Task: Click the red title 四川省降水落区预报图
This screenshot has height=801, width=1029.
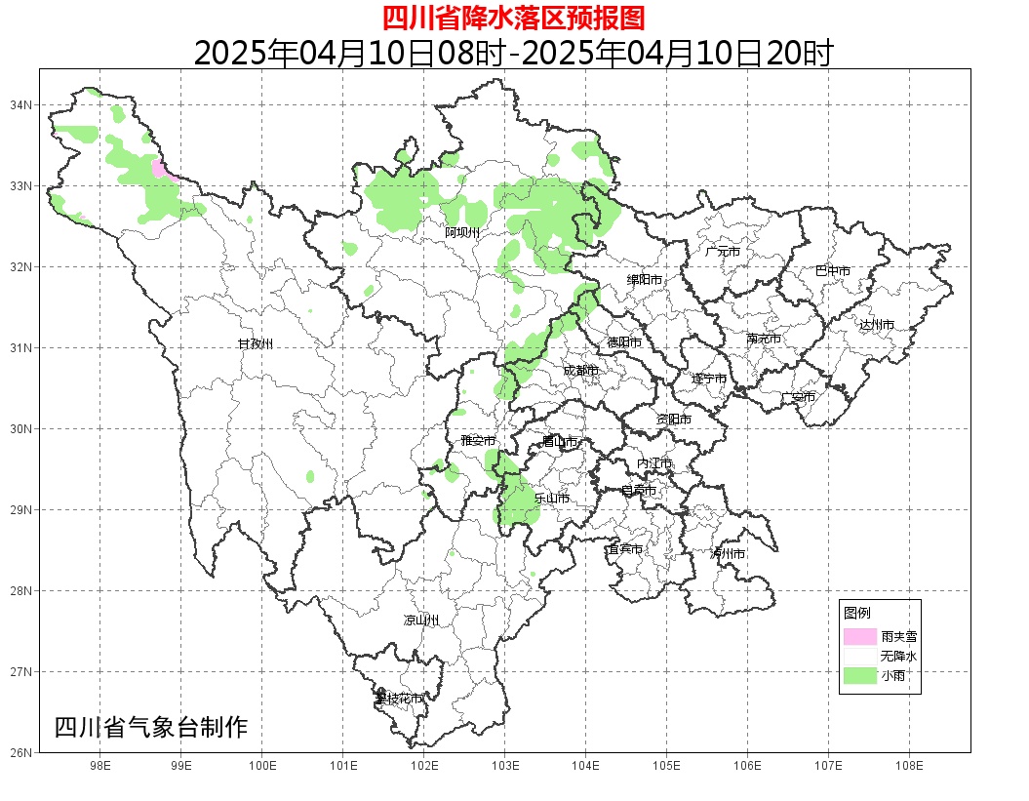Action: tap(513, 19)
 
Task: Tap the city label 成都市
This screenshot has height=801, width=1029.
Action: tap(580, 371)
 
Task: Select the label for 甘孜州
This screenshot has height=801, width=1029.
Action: tap(256, 344)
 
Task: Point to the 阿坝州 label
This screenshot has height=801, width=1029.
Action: tap(462, 232)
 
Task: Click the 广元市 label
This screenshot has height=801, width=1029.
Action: tap(723, 252)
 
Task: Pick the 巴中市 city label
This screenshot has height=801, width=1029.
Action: tap(832, 271)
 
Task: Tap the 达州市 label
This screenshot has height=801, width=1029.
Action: tap(877, 325)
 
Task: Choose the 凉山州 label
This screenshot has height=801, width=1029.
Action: tap(421, 621)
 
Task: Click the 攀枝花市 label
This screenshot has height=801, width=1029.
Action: tap(399, 699)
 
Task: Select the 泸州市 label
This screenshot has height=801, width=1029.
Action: tap(728, 554)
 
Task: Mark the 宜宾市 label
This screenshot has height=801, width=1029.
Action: tap(624, 550)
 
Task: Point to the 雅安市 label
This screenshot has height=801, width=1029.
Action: tap(478, 441)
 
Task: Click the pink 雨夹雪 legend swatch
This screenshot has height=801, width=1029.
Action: tap(860, 636)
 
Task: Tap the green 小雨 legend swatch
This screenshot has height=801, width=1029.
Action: tap(860, 675)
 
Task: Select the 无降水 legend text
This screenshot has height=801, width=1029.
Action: tap(897, 656)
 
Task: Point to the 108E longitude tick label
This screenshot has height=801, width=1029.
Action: tap(909, 766)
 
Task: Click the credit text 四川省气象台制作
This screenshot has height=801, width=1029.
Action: tap(151, 727)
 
